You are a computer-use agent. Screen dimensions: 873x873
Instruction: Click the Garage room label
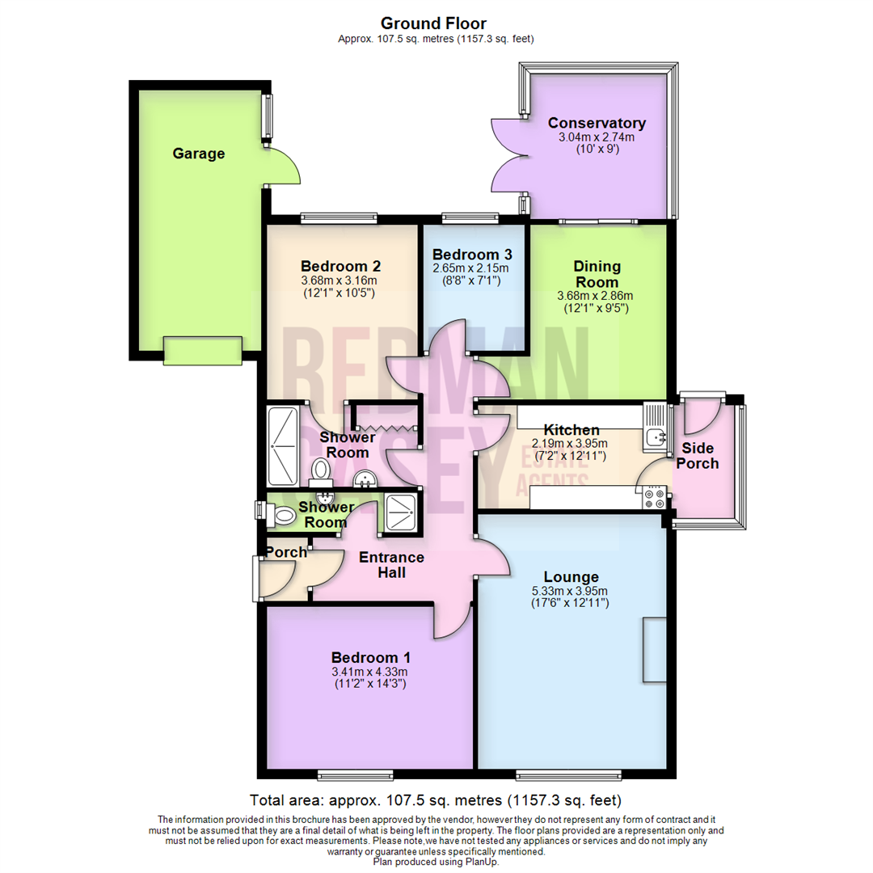pos(199,154)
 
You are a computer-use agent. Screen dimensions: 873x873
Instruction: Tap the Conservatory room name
pos(597,124)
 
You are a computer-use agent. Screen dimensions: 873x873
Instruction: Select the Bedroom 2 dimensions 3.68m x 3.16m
pos(340,281)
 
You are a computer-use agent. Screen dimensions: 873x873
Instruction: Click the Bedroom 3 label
pos(471,252)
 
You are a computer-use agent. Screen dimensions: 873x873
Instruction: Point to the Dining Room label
pos(597,274)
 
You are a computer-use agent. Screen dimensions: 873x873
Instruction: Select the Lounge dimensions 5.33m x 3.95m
pos(571,591)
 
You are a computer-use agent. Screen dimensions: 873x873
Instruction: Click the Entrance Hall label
pos(391,565)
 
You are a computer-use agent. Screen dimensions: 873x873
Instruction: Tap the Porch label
pos(286,552)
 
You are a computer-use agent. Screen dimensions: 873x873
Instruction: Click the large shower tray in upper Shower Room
pos(282,428)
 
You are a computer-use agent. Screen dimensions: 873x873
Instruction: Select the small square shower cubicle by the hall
pos(401,512)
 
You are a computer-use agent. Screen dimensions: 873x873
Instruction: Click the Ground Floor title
pos(433,23)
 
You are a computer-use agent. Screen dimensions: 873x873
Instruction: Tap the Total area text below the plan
pos(436,801)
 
